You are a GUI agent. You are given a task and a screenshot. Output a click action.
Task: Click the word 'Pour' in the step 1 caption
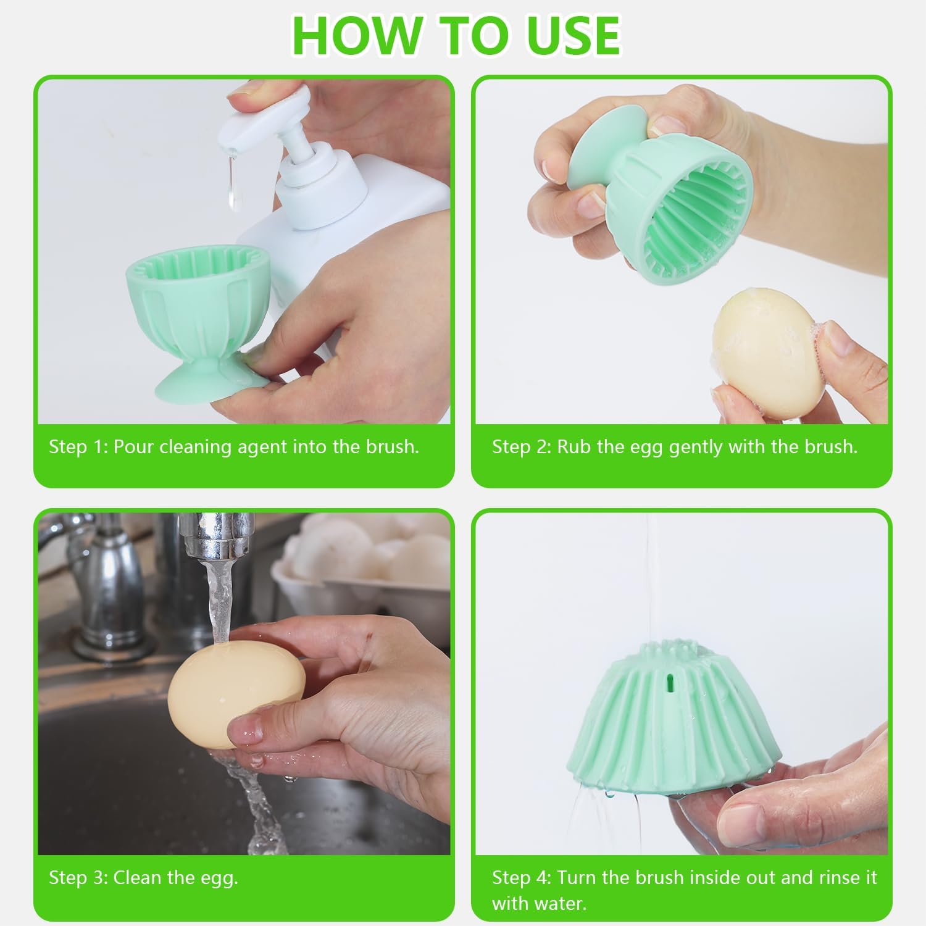[134, 446]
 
